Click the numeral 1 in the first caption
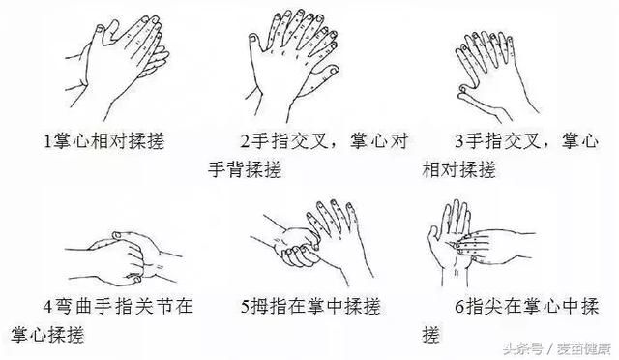click(47, 141)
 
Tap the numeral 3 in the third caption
click(457, 141)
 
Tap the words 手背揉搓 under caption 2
click(243, 169)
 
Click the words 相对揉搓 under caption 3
click(458, 169)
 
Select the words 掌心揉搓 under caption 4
click(47, 334)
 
